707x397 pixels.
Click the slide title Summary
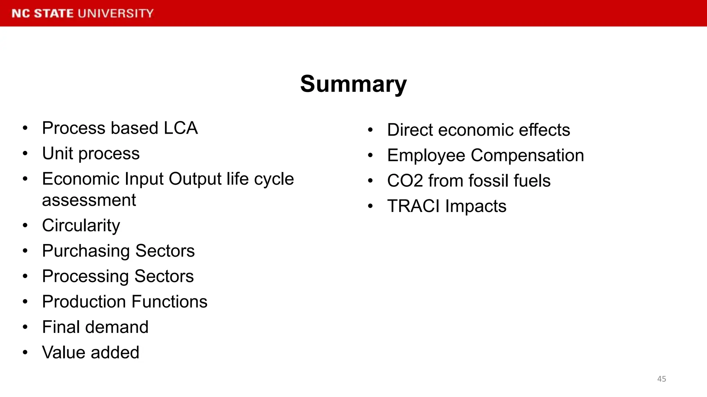tap(353, 84)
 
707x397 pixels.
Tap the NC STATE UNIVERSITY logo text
tap(83, 13)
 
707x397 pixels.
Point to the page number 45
tap(661, 379)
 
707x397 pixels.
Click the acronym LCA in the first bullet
tap(181, 128)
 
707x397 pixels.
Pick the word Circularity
tap(81, 226)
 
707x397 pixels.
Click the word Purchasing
tap(86, 251)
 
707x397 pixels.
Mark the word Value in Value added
tap(64, 353)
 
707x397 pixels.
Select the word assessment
tap(89, 200)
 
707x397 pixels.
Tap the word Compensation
tap(527, 155)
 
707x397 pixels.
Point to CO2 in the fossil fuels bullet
tap(405, 181)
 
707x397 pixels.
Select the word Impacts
tap(476, 206)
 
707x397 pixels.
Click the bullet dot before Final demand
tap(25, 327)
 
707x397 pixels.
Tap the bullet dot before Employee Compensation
tap(370, 155)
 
